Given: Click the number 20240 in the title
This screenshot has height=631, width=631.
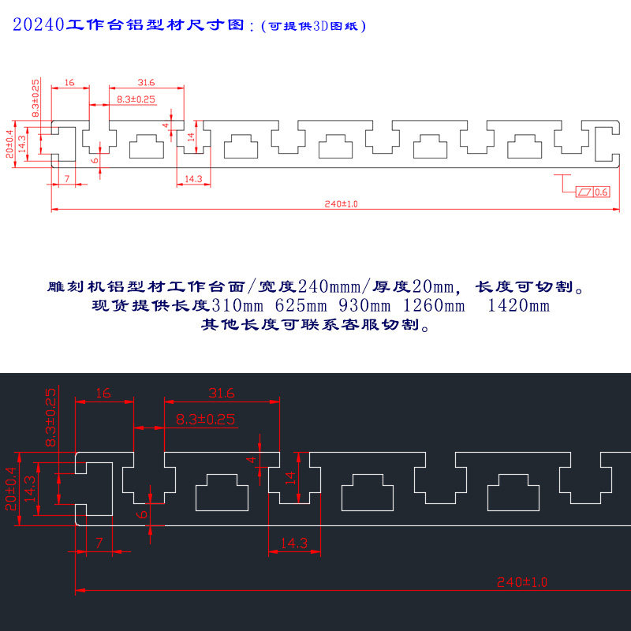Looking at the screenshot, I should (38, 26).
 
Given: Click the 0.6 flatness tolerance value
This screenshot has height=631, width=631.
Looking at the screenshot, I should (601, 192).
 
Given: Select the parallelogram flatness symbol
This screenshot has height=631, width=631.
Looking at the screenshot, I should (584, 192).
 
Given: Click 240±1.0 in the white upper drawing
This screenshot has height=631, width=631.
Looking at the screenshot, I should (341, 203).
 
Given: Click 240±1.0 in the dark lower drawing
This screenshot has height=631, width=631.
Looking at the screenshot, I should (522, 582).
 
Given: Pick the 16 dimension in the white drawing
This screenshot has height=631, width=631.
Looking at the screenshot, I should (69, 82).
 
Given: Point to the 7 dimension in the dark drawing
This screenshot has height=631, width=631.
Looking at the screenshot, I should (99, 543).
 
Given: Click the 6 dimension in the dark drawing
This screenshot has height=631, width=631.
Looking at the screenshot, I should (142, 513).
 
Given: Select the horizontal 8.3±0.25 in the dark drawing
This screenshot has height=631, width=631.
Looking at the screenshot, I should (205, 420).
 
